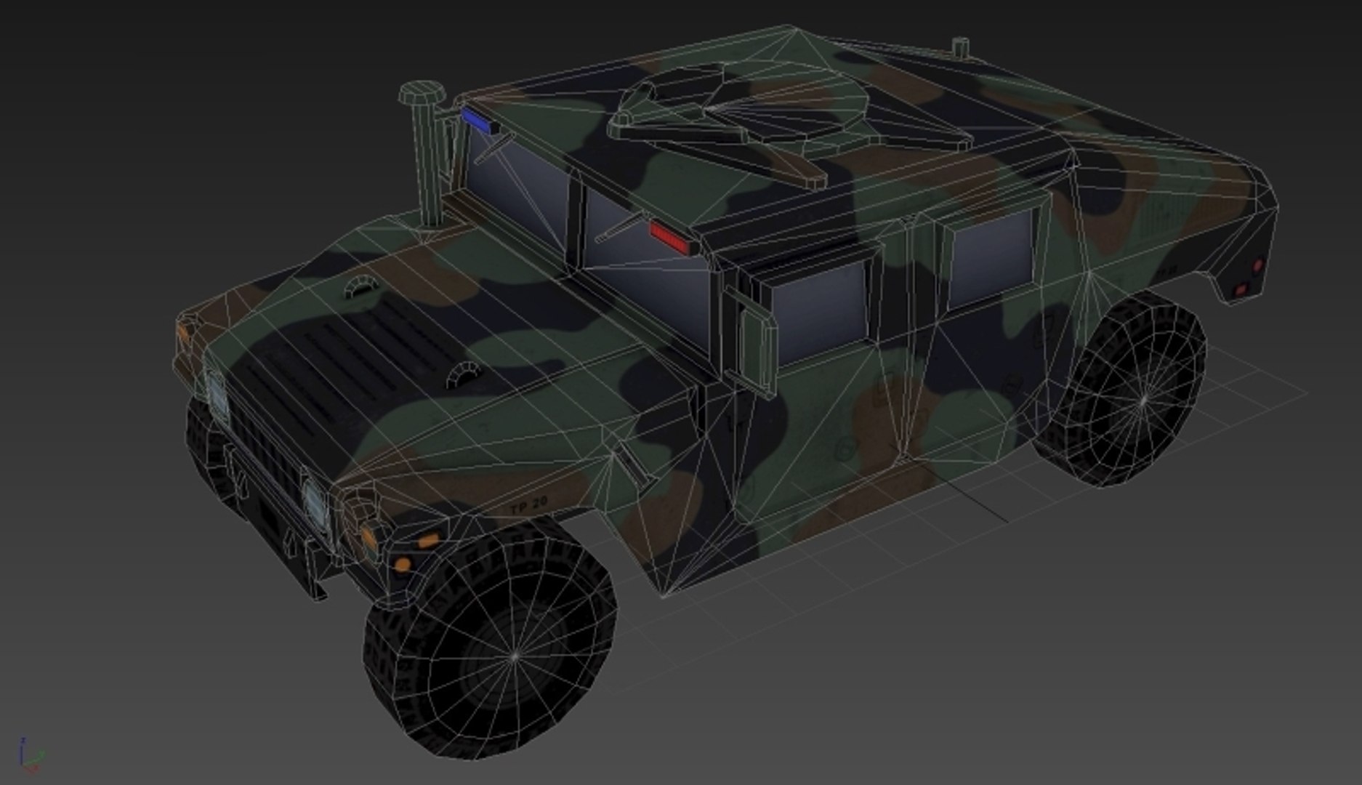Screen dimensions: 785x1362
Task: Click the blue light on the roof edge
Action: click(477, 120)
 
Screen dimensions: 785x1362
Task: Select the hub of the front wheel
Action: click(515, 656)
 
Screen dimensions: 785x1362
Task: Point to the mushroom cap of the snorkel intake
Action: click(422, 93)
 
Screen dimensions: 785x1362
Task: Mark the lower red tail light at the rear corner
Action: click(1241, 290)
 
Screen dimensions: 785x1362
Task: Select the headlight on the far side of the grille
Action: click(216, 393)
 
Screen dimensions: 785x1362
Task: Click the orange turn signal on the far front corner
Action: click(183, 333)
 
